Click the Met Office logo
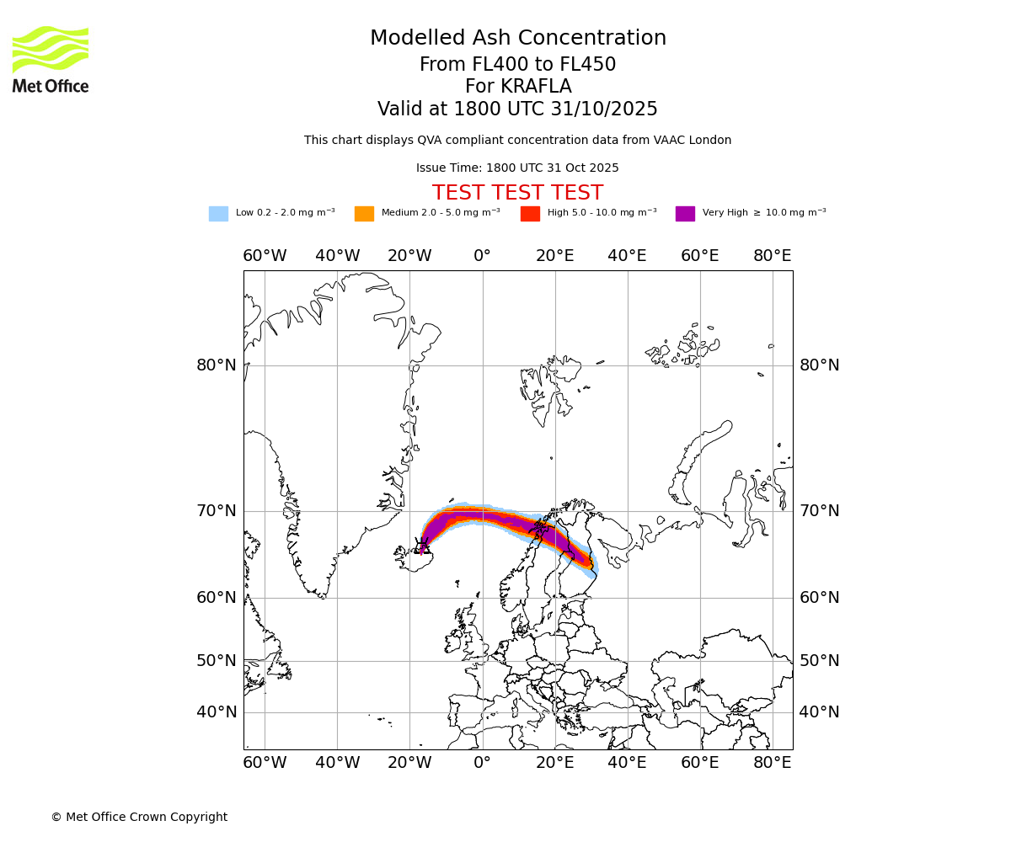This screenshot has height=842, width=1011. coord(51,59)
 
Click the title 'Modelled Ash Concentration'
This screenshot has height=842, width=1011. coord(517,39)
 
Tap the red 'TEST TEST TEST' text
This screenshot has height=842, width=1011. coord(517,193)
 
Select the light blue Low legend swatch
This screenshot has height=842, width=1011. coord(218,214)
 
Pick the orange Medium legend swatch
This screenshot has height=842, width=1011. coord(364,214)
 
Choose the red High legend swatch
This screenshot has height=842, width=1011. coord(530,214)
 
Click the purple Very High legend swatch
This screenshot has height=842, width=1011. coord(685,214)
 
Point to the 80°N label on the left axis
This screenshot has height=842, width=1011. coord(217,365)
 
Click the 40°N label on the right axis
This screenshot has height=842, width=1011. coord(819,712)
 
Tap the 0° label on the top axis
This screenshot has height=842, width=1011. coord(482,256)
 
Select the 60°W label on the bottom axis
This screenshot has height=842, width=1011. coord(265,763)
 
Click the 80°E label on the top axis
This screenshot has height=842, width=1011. coord(772,256)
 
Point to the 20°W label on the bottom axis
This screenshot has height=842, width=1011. coord(409,763)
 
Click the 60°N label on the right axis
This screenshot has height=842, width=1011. coord(819,598)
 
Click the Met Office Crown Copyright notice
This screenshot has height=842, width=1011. coord(139,817)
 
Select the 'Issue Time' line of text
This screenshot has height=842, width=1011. coord(517,168)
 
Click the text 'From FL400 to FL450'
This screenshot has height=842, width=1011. coord(517,65)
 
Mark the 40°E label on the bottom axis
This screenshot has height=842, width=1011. coord(627,763)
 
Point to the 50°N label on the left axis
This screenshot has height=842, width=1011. coord(217,661)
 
